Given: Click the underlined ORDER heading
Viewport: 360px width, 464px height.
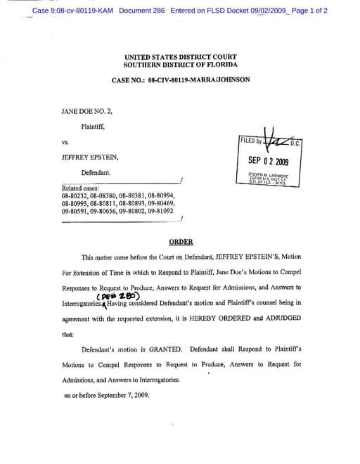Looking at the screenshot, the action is pos(181,241).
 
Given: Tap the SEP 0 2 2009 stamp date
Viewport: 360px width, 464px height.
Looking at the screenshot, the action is pos(269,161).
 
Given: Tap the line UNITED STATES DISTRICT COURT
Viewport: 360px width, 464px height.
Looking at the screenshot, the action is pos(180,56).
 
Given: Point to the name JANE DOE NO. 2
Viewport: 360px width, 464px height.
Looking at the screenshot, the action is pos(86,111).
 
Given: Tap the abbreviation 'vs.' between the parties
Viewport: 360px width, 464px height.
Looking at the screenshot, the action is pos(65,142).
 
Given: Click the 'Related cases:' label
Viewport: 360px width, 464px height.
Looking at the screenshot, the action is pos(79,188).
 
